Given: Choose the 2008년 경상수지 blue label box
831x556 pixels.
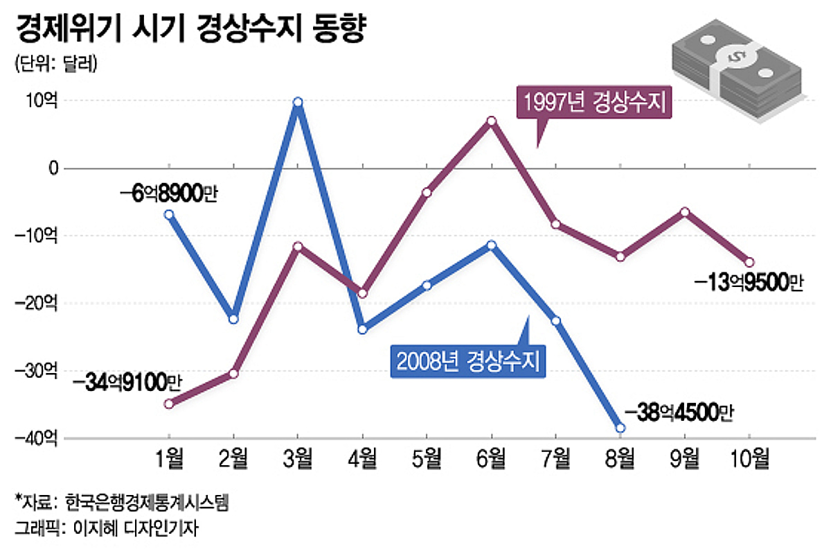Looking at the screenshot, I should coord(467,360).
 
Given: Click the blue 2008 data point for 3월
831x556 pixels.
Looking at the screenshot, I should coord(298,103).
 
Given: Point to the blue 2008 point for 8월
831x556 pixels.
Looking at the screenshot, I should coord(620,428).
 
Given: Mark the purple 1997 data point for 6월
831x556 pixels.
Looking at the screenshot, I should coord(491,121).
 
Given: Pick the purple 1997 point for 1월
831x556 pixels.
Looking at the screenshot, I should coord(168,403).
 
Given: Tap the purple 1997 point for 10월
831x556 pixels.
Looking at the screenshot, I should coord(749,262).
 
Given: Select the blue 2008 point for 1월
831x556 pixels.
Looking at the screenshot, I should coord(168,214).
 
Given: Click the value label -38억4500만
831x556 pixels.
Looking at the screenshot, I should coord(678,412).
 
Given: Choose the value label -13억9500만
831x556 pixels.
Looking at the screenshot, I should coord(749,282).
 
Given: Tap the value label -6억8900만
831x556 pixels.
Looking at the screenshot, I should coord(168,195).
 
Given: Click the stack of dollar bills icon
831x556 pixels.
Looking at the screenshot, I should coord(736,73).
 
